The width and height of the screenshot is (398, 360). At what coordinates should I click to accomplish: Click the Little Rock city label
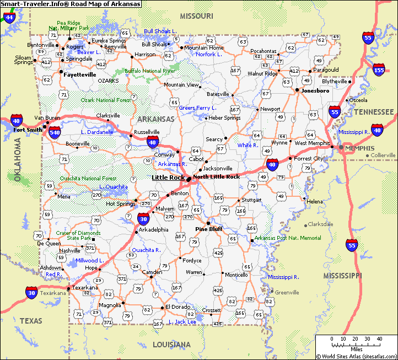[168, 178]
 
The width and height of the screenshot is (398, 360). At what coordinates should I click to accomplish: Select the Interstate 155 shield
[379, 69]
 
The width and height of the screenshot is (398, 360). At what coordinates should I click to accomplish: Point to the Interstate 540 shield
[55, 133]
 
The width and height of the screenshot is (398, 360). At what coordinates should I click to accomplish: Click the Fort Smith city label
[28, 130]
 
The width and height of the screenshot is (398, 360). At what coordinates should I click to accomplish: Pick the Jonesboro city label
[315, 90]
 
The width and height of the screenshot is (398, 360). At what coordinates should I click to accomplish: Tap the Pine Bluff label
[208, 229]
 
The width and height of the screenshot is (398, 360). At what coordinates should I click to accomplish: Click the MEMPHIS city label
[359, 148]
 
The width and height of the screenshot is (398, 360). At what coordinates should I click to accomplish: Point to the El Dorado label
[178, 307]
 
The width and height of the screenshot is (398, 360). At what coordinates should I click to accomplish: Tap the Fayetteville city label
[80, 74]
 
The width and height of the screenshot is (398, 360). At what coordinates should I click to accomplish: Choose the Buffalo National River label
[149, 71]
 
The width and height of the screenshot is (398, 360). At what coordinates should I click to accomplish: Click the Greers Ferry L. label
[198, 108]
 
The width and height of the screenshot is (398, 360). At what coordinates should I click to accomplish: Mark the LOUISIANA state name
[171, 345]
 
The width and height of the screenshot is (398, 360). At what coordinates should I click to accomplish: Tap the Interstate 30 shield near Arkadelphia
[142, 218]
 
